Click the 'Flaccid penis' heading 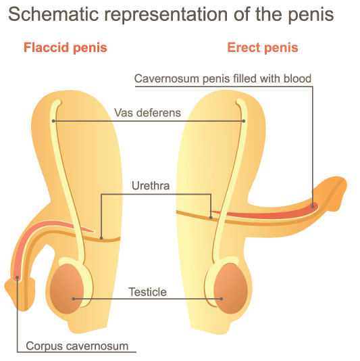[x=66, y=48]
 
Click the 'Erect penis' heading [x=263, y=48]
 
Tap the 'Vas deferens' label [x=147, y=113]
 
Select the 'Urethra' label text [x=151, y=185]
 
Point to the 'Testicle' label [x=147, y=292]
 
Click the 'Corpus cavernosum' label [x=77, y=346]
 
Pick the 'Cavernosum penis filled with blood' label [x=223, y=78]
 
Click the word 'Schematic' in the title [x=53, y=14]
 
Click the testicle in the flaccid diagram [x=67, y=289]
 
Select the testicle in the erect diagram [x=230, y=289]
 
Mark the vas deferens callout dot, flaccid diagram [x=53, y=121]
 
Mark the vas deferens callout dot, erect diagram [x=244, y=121]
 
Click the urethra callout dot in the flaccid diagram [x=101, y=238]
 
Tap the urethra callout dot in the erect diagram [x=211, y=217]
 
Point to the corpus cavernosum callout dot [x=18, y=278]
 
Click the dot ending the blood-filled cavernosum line [x=313, y=206]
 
